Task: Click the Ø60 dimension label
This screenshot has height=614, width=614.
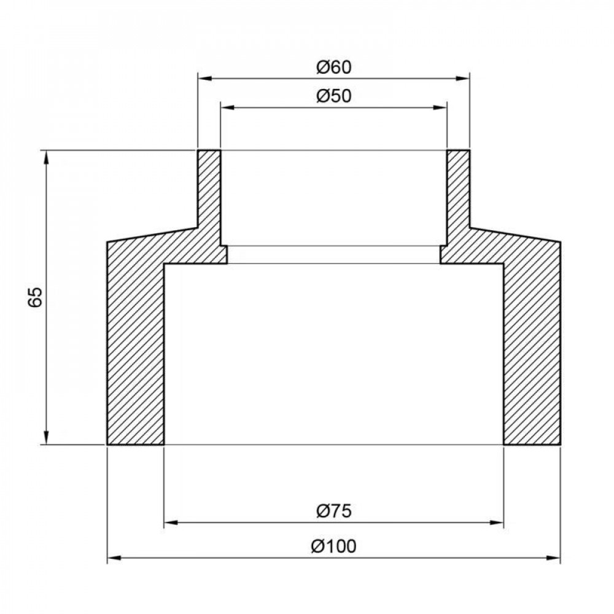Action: point(333,67)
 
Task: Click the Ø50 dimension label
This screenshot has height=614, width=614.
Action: point(333,96)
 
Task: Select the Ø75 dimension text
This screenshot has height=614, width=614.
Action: point(333,511)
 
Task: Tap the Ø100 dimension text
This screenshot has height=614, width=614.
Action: point(333,546)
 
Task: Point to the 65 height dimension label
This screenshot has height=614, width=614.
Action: point(35,297)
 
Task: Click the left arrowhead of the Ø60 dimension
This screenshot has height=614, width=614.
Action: point(203,79)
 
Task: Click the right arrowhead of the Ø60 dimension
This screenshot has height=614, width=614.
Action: point(464,79)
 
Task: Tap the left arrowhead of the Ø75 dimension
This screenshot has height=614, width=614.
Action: point(171,523)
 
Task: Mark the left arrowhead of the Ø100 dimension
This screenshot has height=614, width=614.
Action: point(113,558)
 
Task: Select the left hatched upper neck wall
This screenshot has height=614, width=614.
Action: point(209,190)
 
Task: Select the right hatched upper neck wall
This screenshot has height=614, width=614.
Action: point(458,190)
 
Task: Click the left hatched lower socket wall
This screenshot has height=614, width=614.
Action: point(135,350)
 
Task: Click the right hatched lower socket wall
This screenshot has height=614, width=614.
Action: point(532,350)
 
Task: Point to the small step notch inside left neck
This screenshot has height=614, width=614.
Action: point(224,254)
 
